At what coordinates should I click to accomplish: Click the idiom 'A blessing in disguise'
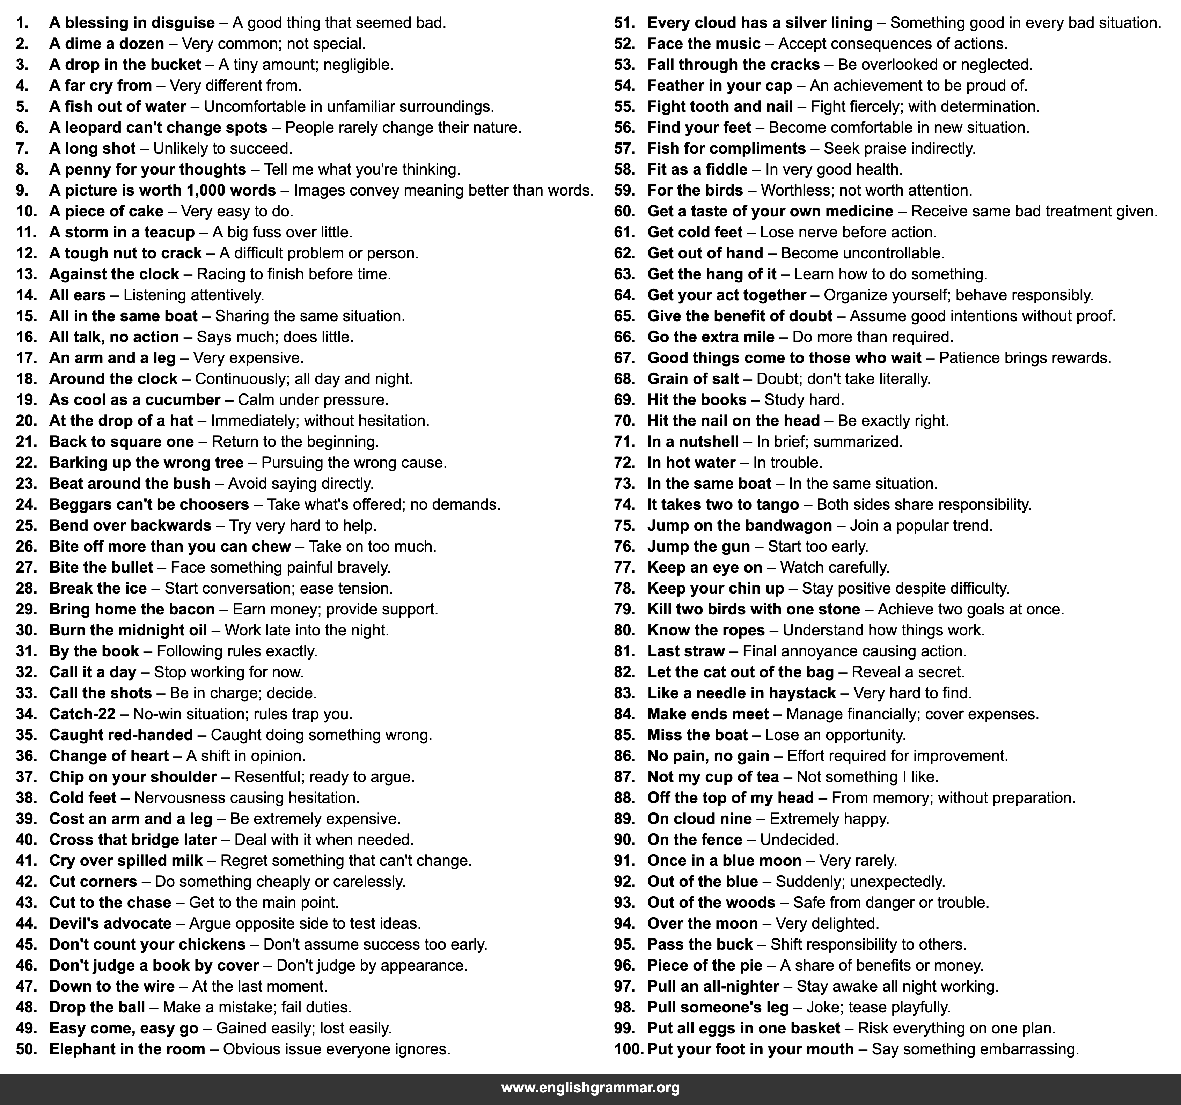point(132,23)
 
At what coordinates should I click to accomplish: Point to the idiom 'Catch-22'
point(82,714)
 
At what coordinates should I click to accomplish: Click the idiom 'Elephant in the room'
point(127,1049)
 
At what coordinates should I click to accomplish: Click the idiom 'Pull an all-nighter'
point(713,987)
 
